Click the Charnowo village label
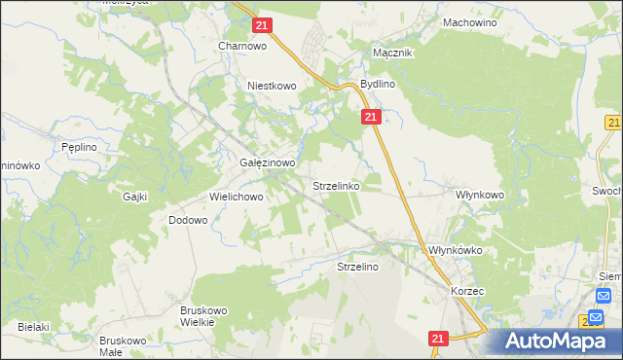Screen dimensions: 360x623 pos(242,45)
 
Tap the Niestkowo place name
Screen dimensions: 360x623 pos(272,86)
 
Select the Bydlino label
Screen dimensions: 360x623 pos(378,85)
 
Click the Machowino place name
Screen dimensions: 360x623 pos(469,21)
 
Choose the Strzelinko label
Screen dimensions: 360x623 pos(336,184)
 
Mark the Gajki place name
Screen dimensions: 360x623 pos(134,196)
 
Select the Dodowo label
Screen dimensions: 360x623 pos(188,220)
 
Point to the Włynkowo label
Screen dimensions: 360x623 pos(480,195)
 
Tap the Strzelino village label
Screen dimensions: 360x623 pos(356,266)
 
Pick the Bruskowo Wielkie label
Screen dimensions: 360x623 pos(203,316)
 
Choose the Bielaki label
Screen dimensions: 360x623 pos(32,327)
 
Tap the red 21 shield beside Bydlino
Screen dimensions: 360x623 pos(370,117)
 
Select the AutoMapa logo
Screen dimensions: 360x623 pos(555,341)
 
